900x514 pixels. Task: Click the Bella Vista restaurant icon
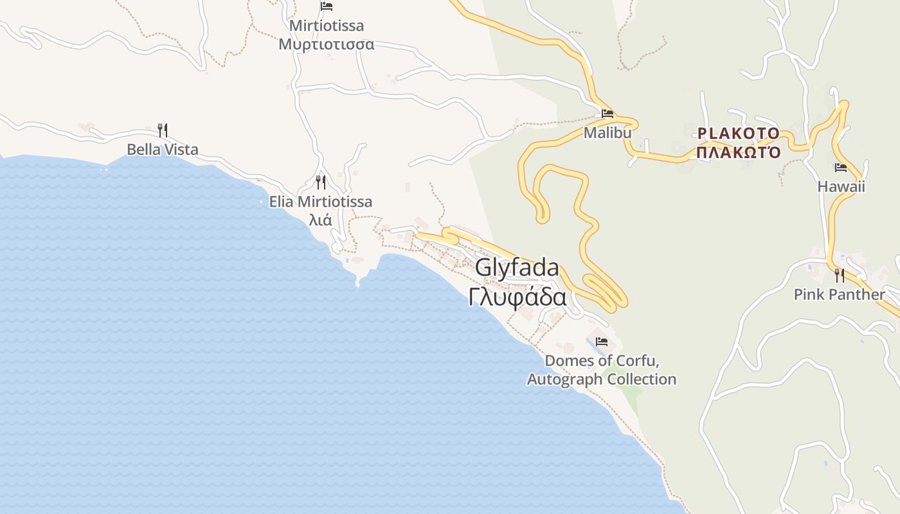[x=163, y=130]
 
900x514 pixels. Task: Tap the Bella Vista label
[x=163, y=150]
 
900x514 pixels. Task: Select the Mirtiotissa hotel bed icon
[x=327, y=6]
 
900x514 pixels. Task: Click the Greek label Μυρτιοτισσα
[x=327, y=44]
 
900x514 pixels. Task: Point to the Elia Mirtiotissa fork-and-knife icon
[x=321, y=182]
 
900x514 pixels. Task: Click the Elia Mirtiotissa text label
[x=321, y=202]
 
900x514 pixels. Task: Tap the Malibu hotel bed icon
[x=607, y=114]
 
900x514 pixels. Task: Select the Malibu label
[x=607, y=133]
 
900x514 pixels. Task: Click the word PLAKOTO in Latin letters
[x=739, y=134]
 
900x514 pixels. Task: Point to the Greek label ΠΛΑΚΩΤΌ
[x=739, y=153]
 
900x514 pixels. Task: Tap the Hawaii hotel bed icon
[x=841, y=168]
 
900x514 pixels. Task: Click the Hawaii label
[x=841, y=187]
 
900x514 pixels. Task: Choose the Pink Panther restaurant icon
[x=840, y=276]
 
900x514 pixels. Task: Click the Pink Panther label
[x=840, y=295]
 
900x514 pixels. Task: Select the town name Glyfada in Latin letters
[x=517, y=268]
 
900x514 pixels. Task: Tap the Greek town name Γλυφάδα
[x=517, y=297]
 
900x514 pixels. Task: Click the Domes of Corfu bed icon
[x=602, y=341]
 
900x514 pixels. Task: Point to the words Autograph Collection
[x=602, y=380]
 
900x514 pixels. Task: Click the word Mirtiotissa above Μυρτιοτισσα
[x=327, y=26]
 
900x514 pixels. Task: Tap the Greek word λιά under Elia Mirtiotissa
[x=321, y=220]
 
